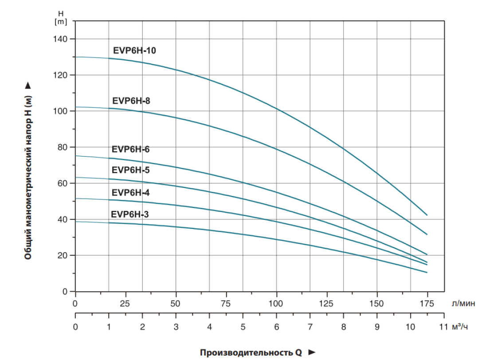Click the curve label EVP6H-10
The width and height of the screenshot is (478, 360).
click(x=134, y=51)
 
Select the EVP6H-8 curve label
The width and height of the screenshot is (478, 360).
click(x=131, y=101)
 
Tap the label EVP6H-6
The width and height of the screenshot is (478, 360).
click(x=131, y=149)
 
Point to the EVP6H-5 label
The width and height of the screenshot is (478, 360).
click(x=131, y=170)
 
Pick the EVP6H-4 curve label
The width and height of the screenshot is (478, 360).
click(x=131, y=193)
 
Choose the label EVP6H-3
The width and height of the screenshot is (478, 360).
click(x=130, y=215)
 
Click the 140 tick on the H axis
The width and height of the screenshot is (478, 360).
click(x=61, y=39)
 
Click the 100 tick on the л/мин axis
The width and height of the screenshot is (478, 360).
click(x=276, y=304)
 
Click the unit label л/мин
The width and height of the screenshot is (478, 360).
click(x=463, y=304)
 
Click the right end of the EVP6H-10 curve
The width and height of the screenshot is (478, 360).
click(x=427, y=215)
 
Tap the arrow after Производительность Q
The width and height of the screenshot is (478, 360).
click(x=312, y=352)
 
